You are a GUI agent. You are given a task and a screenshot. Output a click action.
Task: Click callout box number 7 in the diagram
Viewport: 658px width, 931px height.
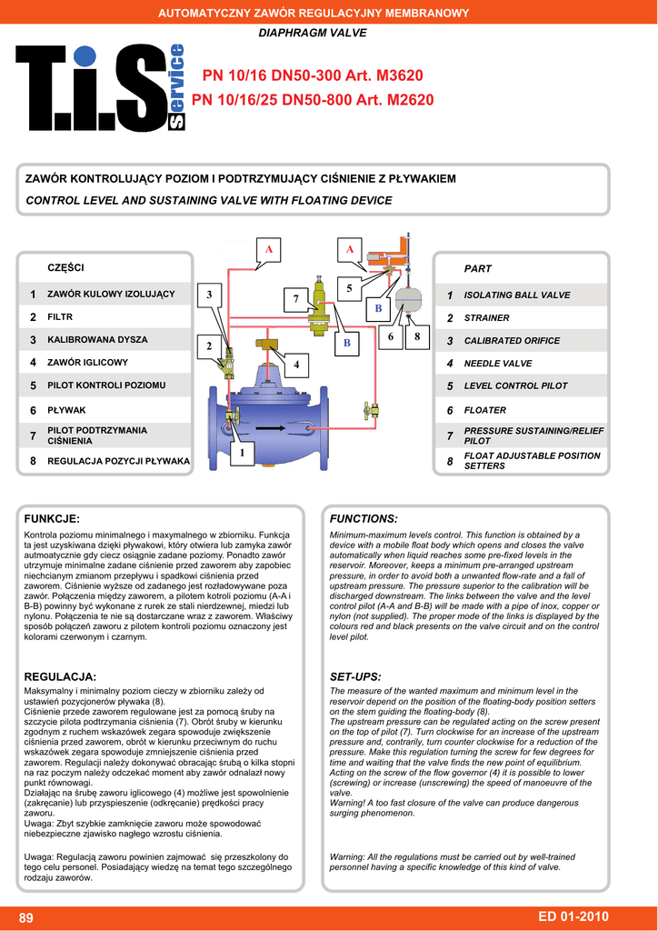pos(296,299)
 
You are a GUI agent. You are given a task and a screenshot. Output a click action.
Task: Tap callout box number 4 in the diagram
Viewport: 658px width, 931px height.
pos(296,365)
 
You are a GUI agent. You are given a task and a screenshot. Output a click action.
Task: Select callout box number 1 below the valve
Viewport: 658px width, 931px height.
pos(243,452)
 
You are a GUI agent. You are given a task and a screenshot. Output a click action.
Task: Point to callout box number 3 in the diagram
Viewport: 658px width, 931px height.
pos(209,295)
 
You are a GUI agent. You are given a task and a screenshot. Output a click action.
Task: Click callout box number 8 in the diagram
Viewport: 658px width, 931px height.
pos(417,336)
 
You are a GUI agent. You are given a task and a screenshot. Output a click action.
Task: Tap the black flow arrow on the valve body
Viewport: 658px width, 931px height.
pos(272,427)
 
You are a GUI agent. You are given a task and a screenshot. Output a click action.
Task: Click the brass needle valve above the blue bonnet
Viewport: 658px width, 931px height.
pos(269,344)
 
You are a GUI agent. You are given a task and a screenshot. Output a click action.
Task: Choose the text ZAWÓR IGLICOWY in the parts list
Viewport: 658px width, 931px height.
pos(87,362)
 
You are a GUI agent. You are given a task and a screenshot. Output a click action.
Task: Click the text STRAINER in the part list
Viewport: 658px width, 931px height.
pos(486,318)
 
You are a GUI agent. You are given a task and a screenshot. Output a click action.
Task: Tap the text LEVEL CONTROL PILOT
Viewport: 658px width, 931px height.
pos(515,386)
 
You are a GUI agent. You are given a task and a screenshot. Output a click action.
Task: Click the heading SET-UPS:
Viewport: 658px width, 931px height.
pos(355,677)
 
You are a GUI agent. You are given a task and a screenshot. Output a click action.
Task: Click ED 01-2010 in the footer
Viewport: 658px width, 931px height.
pos(573,916)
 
